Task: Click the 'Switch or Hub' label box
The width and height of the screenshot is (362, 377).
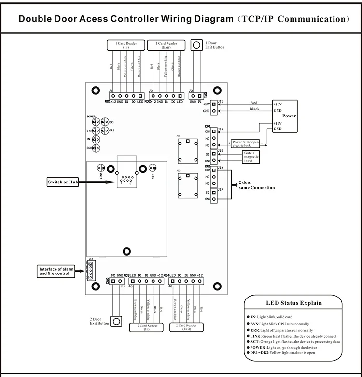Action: tap(63, 182)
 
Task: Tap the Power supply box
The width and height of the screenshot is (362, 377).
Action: tap(285, 116)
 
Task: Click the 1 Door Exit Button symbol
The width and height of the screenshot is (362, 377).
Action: tap(196, 45)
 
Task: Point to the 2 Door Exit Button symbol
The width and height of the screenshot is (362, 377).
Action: tap(116, 321)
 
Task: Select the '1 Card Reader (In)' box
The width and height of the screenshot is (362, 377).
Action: tap(125, 45)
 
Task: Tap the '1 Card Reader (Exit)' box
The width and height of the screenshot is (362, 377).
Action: tap(166, 45)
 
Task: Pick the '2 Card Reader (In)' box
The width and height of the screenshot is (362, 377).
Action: tap(147, 327)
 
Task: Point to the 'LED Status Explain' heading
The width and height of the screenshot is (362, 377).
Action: tap(294, 303)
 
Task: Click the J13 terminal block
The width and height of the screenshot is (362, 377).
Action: tap(213, 107)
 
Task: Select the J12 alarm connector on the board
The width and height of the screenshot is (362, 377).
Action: tap(90, 271)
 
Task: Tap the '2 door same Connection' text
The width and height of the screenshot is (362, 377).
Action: tap(256, 185)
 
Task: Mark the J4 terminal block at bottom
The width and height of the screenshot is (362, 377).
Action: tap(116, 281)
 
